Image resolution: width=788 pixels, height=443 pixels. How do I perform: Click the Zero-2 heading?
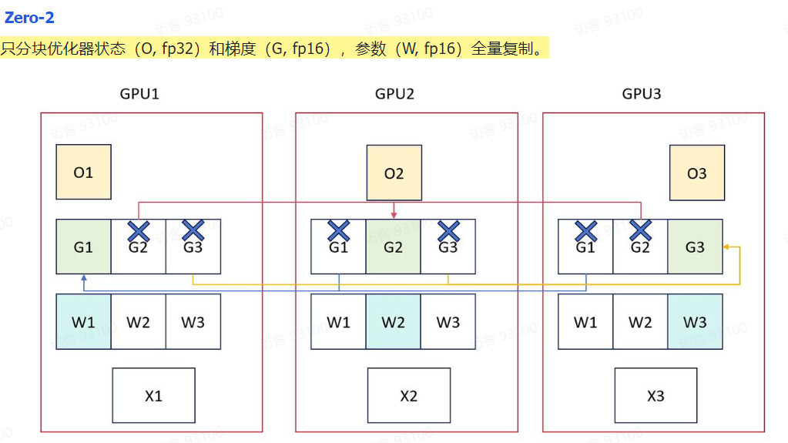(29, 17)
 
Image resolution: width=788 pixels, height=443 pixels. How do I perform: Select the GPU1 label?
(139, 94)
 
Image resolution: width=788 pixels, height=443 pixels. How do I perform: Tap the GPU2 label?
(394, 94)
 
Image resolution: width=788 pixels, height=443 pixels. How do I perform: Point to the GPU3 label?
(642, 94)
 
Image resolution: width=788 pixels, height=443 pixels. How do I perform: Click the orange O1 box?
(83, 173)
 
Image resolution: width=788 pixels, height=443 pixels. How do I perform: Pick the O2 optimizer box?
(394, 173)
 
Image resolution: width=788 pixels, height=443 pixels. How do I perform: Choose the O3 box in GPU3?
(696, 173)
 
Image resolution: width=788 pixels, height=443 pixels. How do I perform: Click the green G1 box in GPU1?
(83, 247)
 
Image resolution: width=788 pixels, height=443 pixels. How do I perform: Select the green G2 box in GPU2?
(393, 247)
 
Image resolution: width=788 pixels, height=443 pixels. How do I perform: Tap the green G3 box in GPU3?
(695, 247)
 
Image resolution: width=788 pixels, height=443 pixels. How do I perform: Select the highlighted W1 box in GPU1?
(83, 321)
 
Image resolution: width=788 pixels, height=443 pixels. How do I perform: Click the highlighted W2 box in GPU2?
(393, 321)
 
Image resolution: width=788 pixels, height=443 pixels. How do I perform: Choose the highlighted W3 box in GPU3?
(695, 321)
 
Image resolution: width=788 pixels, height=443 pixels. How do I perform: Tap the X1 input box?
(153, 396)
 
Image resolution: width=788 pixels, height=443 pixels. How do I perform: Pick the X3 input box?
(655, 396)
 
